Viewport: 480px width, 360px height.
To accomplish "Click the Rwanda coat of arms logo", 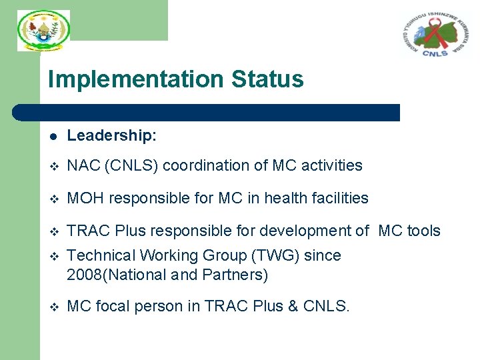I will coord(43,30).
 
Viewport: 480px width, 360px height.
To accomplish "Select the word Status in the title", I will coord(267,79).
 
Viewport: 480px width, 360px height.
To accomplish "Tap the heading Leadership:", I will coord(112,136).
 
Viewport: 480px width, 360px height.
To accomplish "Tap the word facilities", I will coord(337,198).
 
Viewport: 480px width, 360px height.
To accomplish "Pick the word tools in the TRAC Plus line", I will coord(424,231).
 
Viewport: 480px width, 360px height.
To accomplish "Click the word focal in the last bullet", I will coord(109,307).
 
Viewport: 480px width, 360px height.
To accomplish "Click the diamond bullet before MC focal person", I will coord(54,307).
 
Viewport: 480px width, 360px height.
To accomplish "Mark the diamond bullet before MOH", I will coord(54,199).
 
